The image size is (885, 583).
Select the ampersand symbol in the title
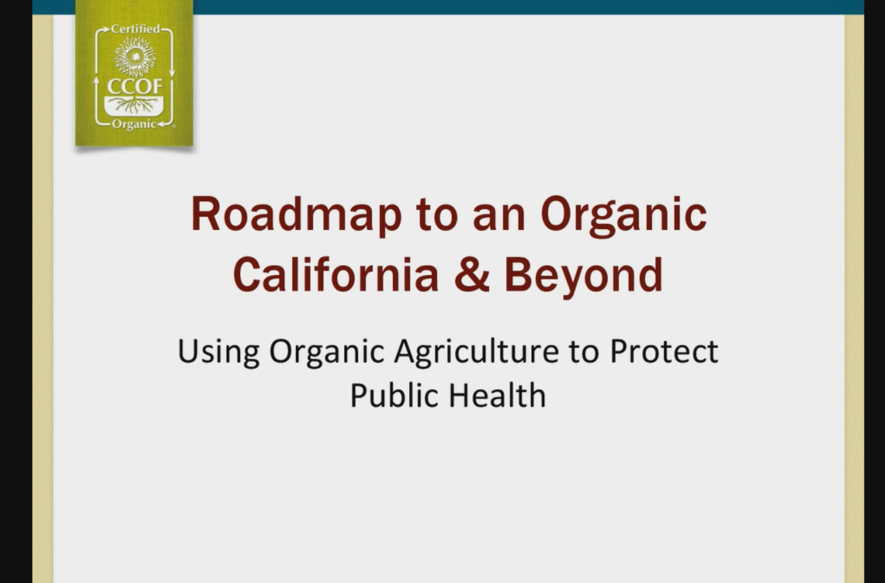tap(472, 274)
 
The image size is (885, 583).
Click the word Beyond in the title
tap(583, 277)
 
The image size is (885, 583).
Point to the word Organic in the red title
tap(623, 217)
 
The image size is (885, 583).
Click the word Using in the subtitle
tap(219, 352)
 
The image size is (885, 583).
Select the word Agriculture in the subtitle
tap(477, 352)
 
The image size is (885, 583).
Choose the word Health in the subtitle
tap(498, 395)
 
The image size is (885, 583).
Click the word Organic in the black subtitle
tap(326, 352)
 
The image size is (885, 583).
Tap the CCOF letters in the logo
tap(135, 86)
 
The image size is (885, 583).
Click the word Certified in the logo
tap(136, 29)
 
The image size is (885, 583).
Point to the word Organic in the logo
tap(134, 124)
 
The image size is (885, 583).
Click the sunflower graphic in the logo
tap(135, 57)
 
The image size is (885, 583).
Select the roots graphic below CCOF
tap(135, 105)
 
